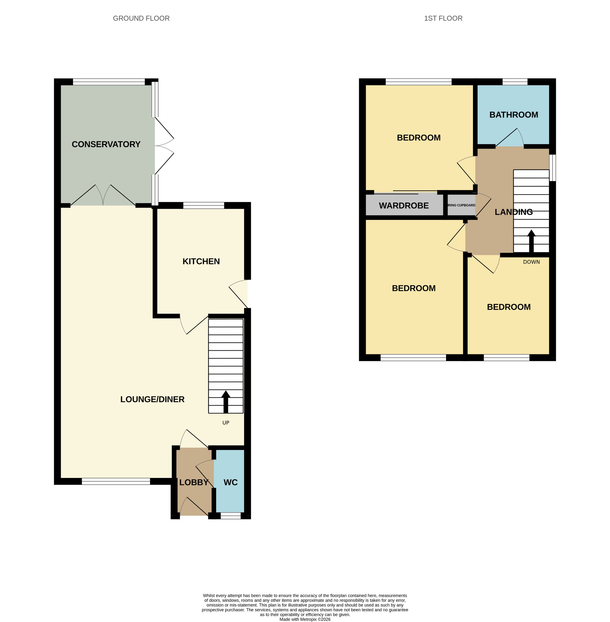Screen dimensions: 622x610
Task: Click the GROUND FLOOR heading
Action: [141, 19]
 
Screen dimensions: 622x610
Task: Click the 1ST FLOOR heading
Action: [443, 19]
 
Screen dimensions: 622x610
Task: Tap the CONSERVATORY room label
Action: [106, 144]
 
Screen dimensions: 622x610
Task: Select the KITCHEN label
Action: [201, 262]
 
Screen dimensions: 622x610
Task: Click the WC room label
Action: [231, 483]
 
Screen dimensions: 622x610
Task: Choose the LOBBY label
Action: [194, 483]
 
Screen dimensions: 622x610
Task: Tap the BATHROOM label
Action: [514, 115]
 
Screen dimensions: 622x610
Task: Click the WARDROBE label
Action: [404, 206]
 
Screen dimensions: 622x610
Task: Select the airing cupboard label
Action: [461, 205]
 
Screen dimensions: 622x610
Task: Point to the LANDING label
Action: [514, 212]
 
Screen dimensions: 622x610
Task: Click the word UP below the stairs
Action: [226, 423]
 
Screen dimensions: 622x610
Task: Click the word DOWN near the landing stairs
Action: [531, 262]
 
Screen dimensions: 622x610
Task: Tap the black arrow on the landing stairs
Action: [531, 241]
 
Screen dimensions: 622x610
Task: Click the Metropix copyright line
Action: [305, 620]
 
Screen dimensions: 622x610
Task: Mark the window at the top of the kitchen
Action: [203, 206]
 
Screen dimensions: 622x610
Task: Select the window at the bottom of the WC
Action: [231, 516]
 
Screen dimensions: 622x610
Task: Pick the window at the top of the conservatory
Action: [109, 82]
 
